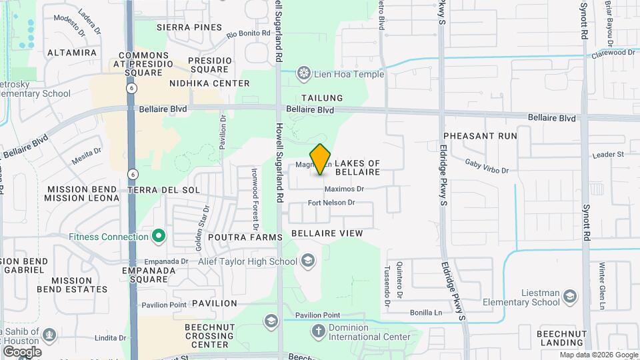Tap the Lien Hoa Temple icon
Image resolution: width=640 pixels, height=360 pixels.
tap(305, 73)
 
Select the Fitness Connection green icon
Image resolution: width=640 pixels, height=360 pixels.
tap(159, 237)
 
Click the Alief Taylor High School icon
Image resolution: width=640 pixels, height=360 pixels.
tap(307, 261)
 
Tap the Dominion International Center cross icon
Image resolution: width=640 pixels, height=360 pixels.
tap(319, 331)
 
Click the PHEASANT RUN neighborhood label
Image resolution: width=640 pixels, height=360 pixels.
tap(489, 135)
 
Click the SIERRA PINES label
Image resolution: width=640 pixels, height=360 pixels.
tap(189, 27)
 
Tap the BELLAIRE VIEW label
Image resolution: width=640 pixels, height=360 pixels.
tap(327, 233)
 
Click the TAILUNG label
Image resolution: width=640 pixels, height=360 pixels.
tap(322, 98)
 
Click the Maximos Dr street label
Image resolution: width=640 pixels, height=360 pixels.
tap(346, 189)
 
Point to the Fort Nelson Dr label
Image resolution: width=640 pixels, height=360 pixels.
tap(331, 203)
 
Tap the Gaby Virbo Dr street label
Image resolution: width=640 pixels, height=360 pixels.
tap(487, 167)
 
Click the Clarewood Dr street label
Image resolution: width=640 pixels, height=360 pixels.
tap(613, 52)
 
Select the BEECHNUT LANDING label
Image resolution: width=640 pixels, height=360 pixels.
tap(564, 338)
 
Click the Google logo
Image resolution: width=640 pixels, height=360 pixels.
tap(22, 351)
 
